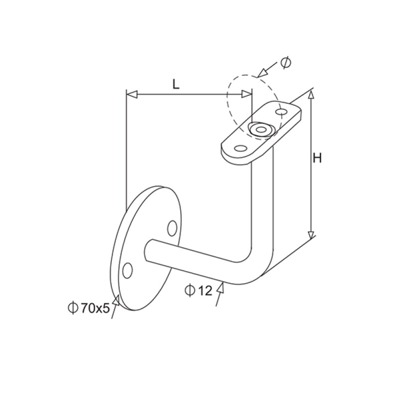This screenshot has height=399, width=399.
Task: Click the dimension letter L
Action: point(176,84)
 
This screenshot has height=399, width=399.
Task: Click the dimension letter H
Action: point(317,159)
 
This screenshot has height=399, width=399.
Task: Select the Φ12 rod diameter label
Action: point(199,290)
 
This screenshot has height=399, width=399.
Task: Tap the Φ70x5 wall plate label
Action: point(88,308)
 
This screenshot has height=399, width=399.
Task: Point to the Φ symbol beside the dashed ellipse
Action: point(285,62)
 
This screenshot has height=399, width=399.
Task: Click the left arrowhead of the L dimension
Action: point(131,94)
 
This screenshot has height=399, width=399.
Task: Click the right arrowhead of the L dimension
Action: point(246,94)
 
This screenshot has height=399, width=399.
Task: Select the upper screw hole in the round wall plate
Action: point(173,228)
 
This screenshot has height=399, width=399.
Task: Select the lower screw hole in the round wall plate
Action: point(128,270)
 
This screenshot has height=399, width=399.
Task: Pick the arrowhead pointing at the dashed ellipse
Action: point(261,73)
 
